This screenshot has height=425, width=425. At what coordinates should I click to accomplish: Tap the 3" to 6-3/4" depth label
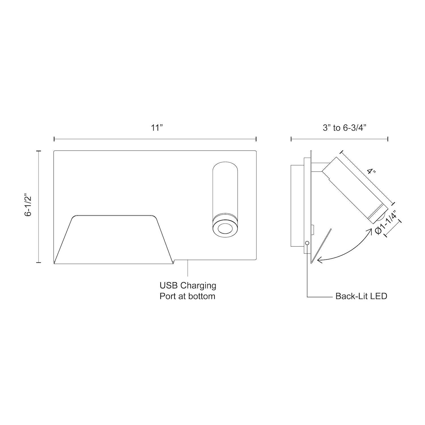345,128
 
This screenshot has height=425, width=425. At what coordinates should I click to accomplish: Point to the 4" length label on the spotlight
371,172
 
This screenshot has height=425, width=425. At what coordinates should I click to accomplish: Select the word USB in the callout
169,285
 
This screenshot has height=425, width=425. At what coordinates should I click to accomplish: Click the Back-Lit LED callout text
361,296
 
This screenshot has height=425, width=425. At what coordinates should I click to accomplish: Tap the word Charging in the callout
199,285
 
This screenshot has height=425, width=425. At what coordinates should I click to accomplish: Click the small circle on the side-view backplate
307,243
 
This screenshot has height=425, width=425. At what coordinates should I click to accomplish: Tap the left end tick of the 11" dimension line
54,139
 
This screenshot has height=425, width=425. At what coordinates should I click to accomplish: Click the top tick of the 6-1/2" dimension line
39,151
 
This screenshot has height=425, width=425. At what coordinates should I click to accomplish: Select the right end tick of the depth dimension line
388,139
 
